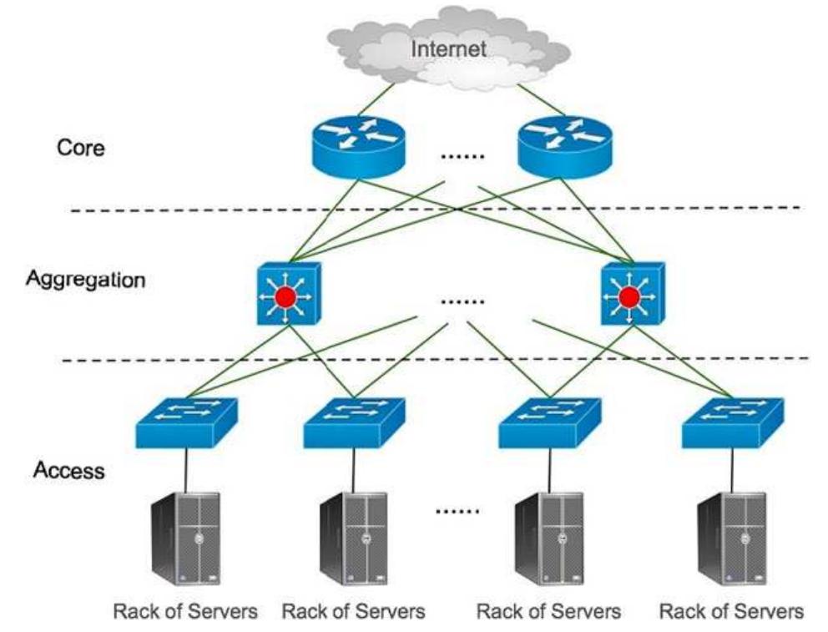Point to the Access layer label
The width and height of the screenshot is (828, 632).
[x=69, y=471]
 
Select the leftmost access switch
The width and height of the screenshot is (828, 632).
[x=186, y=423]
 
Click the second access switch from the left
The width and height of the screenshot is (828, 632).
[x=354, y=423]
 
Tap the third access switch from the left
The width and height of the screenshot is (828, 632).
[x=548, y=423]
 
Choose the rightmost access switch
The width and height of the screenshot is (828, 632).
[x=732, y=423]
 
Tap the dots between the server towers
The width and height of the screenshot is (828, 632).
[x=459, y=509]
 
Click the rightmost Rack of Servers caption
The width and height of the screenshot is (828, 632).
[x=732, y=611]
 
